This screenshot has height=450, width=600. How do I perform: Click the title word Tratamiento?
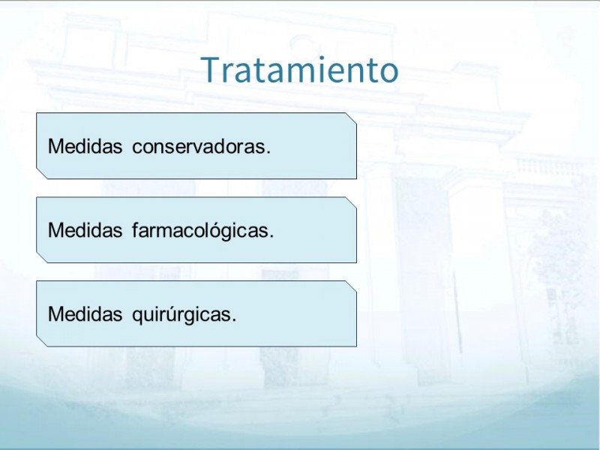click(301, 69)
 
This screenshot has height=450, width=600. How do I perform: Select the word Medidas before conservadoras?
click(85, 146)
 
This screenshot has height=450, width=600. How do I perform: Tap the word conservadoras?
click(199, 147)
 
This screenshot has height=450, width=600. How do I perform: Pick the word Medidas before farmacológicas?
click(85, 230)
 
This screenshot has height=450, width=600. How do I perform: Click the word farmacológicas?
click(200, 231)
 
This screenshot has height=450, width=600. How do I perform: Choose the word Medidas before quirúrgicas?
click(85, 314)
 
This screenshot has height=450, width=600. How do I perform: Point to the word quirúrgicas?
click(181, 315)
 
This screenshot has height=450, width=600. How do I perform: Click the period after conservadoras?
click(268, 153)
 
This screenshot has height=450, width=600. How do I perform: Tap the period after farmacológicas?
click(271, 237)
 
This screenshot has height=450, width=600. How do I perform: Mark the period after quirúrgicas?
click(234, 321)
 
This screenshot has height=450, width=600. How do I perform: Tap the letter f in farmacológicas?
click(136, 230)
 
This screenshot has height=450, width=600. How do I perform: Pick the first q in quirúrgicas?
click(137, 316)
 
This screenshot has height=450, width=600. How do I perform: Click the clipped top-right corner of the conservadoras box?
click(351, 118)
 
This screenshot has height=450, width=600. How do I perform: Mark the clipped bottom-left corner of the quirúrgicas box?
click(42, 342)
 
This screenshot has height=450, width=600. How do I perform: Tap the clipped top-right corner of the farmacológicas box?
click(351, 202)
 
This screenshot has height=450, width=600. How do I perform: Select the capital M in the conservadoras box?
click(55, 146)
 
